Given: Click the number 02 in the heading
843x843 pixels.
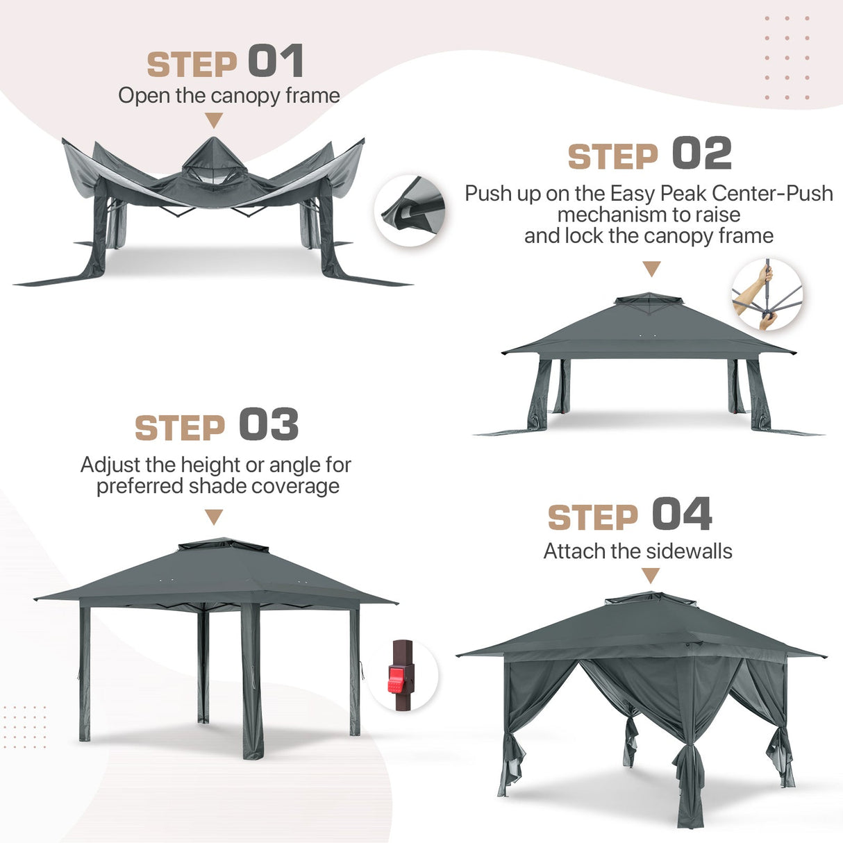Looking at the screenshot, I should click(x=701, y=153).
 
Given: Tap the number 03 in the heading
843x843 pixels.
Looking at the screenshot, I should click(x=269, y=425).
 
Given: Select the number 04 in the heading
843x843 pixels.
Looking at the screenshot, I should click(x=682, y=515).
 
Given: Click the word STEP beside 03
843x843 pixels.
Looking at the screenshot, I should click(x=180, y=428).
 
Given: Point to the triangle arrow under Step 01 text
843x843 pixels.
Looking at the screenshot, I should click(x=214, y=121).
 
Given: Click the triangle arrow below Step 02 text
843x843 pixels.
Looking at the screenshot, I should click(x=651, y=269).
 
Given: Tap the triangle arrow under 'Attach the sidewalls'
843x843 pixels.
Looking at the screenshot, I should click(x=650, y=575).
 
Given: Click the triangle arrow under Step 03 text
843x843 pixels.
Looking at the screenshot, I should click(x=214, y=517).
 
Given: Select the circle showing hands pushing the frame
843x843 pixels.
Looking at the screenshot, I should click(x=767, y=294).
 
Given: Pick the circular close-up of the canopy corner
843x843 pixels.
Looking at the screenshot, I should click(x=410, y=210).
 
